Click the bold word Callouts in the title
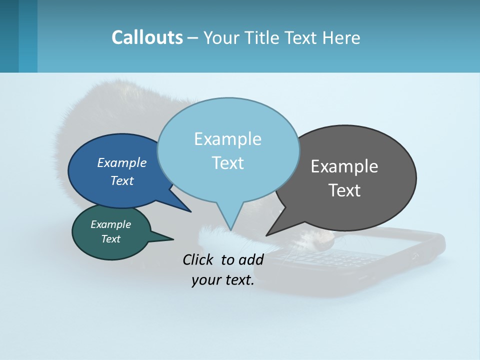147,37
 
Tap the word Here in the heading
343,38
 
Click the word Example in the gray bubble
344,166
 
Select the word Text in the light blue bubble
228,163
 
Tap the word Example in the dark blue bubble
122,162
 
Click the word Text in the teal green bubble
111,239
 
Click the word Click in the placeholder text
198,259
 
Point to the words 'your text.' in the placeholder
223,280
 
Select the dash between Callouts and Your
193,38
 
